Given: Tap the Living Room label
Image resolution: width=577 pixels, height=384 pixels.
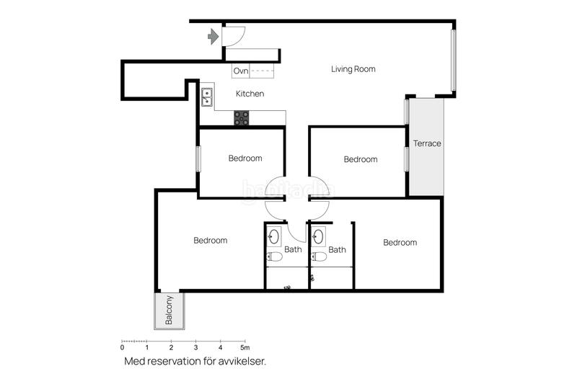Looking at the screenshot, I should [353, 69].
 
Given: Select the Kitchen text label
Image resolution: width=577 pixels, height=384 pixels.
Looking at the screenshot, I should [250, 94].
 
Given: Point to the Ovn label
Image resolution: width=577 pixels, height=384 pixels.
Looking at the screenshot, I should [241, 71].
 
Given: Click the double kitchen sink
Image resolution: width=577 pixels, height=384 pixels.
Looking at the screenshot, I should [207, 97].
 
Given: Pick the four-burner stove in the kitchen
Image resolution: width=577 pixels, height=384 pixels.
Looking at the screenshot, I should [242, 117].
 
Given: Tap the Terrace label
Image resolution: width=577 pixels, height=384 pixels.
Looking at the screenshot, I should [426, 143].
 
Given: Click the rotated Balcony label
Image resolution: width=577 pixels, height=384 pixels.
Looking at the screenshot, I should [169, 311].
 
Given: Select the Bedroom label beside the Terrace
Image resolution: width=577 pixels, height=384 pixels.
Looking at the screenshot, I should [360, 159].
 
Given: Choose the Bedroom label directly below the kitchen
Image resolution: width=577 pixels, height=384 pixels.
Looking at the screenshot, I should [245, 158].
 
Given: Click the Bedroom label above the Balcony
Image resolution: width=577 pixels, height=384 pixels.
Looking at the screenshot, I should [210, 241].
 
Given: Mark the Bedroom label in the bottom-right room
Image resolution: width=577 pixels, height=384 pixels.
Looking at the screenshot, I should [400, 243].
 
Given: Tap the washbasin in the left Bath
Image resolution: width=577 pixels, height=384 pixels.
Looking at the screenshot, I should [275, 236].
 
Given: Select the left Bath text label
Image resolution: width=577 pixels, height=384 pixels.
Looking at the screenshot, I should [293, 250].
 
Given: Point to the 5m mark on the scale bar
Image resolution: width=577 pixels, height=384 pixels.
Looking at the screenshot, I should [245, 348].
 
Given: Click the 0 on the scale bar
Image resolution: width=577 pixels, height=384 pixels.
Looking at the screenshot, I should [122, 348].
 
